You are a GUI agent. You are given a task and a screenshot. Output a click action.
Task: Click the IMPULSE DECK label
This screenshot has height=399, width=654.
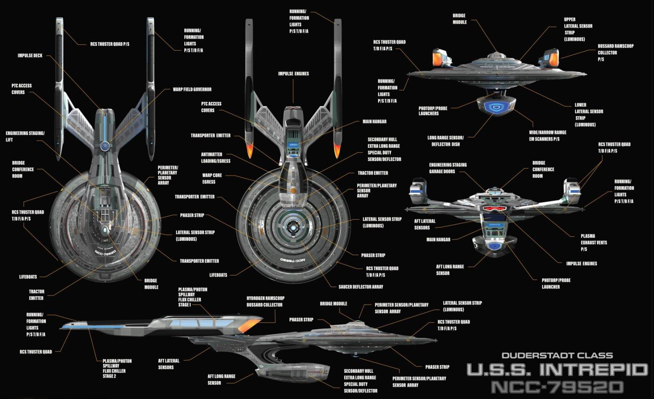(30, 56)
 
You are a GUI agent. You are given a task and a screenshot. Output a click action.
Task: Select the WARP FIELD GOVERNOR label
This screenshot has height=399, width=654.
(192, 90)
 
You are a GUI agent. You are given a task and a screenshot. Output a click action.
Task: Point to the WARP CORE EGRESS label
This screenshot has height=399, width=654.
(212, 178)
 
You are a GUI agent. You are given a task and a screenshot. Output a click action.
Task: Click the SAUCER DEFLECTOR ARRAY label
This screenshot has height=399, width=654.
(361, 287)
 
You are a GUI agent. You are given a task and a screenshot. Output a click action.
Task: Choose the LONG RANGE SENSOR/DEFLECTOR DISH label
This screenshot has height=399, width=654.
(445, 141)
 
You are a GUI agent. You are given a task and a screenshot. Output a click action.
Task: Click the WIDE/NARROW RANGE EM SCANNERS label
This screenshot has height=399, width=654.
(547, 135)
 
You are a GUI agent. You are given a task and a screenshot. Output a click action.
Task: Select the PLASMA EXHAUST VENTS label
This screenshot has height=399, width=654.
(593, 243)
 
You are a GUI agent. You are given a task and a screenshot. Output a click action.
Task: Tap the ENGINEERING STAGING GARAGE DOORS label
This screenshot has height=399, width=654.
(447, 168)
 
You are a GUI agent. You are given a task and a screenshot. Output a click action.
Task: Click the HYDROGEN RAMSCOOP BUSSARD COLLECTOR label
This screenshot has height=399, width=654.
(265, 302)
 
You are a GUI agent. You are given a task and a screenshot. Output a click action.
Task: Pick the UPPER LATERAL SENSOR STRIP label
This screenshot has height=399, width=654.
(578, 29)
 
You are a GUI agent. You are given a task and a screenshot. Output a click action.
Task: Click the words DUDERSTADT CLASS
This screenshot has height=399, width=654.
(557, 356)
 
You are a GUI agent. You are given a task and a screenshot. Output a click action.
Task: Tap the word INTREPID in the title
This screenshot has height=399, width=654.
(593, 370)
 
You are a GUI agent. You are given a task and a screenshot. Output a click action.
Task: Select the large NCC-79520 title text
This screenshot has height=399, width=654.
(557, 387)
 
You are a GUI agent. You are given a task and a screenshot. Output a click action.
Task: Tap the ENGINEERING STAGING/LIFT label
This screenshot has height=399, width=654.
(25, 136)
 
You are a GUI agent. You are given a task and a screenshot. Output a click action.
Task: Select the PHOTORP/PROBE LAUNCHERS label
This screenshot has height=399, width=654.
(433, 111)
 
